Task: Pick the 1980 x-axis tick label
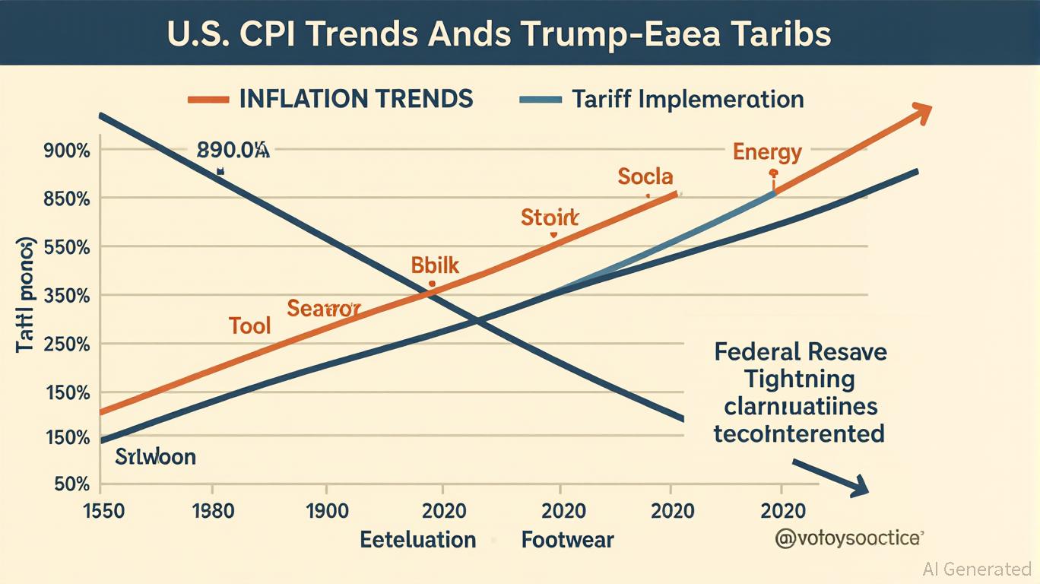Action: coord(213,510)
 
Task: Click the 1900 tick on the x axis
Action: coord(327,510)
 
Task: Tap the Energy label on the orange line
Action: coord(767,152)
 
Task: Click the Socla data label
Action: coord(645,177)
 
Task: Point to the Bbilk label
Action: coord(435,265)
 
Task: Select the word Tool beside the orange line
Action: coord(250,326)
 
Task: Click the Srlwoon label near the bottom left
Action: coord(155,457)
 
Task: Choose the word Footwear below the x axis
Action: coord(567,541)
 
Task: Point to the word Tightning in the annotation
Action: coord(800,379)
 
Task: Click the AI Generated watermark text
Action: coord(977,569)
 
